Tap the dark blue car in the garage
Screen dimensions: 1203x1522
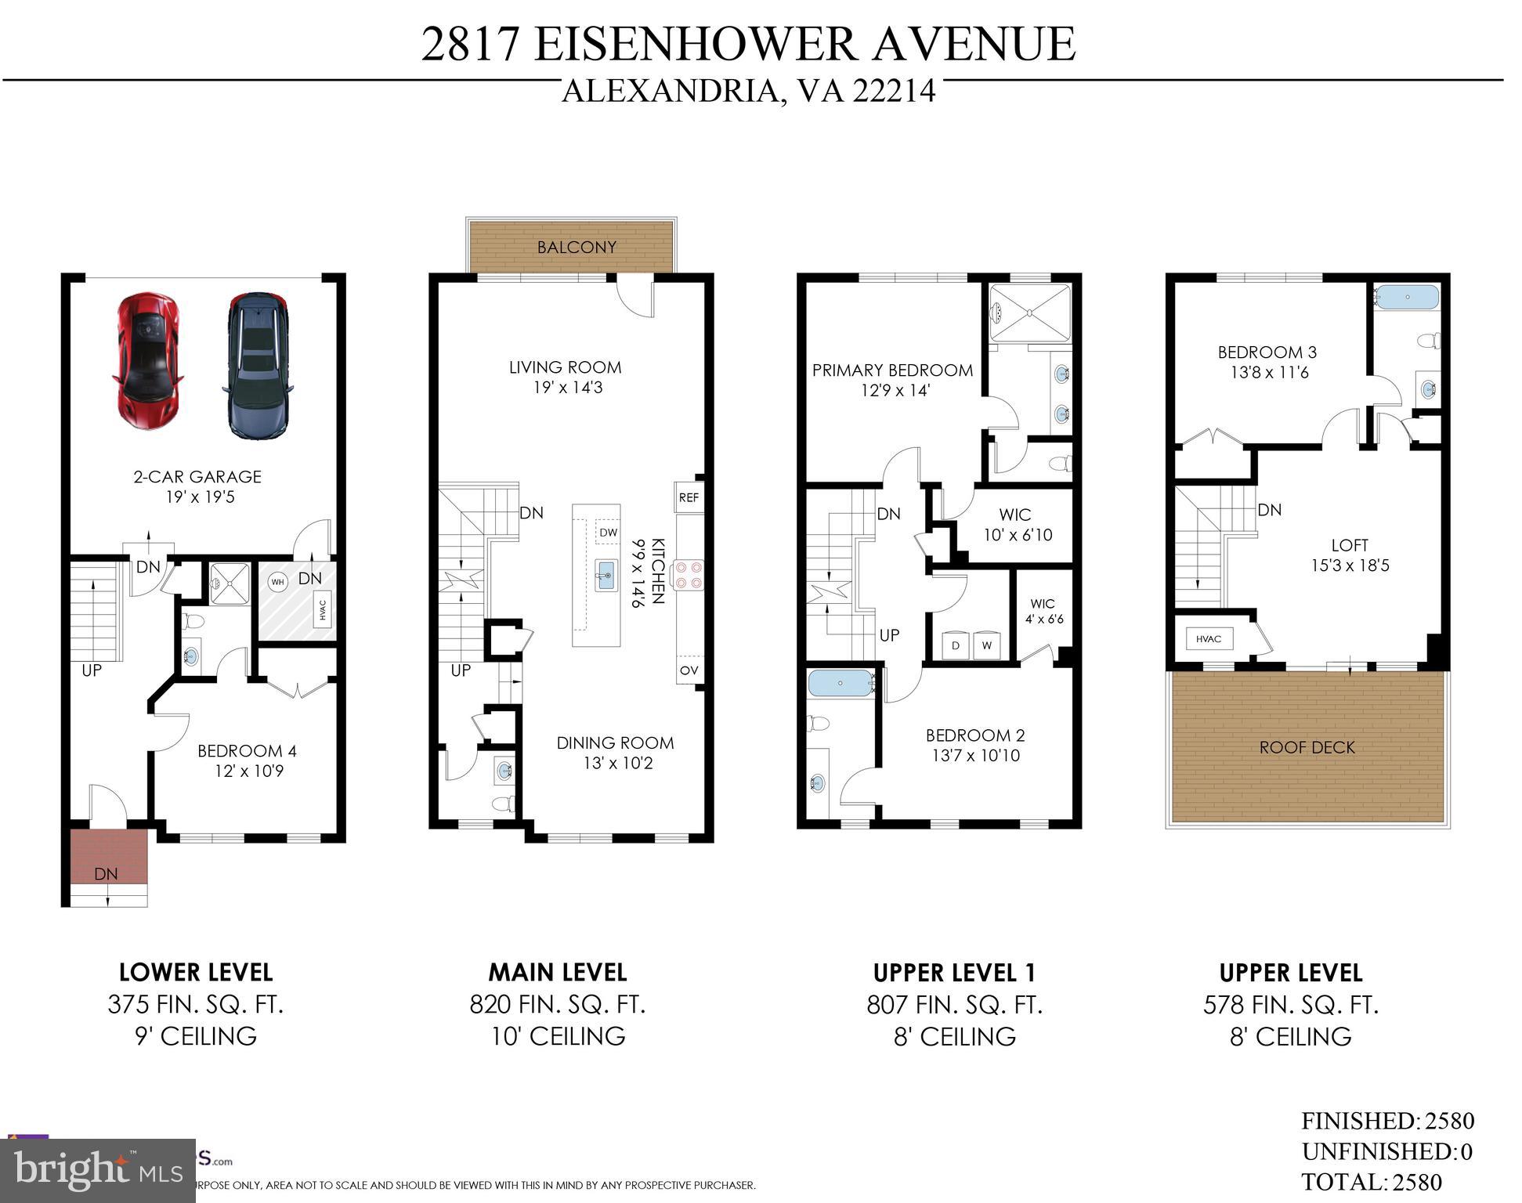[x=258, y=366]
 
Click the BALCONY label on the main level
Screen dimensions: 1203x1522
[x=577, y=247]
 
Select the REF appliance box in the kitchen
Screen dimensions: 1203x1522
[x=689, y=497]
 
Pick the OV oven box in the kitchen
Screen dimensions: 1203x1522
[x=689, y=670]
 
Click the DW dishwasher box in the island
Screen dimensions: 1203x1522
[x=608, y=533]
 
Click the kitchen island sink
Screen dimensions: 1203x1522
[x=606, y=576]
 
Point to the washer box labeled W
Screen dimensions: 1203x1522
[x=986, y=645]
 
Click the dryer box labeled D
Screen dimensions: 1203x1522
[x=955, y=645]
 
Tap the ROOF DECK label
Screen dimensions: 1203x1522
[x=1307, y=748]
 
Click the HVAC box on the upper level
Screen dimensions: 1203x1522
[x=1208, y=639]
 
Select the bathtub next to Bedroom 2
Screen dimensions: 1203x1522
[x=841, y=683]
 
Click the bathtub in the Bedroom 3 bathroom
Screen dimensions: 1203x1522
[x=1408, y=298]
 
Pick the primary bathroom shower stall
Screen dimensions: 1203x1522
[x=1029, y=312]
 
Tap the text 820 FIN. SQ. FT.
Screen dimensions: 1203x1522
[x=558, y=1005]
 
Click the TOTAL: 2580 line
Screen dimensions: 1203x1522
[x=1371, y=1182]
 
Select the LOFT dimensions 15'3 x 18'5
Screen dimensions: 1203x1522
[x=1350, y=565]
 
